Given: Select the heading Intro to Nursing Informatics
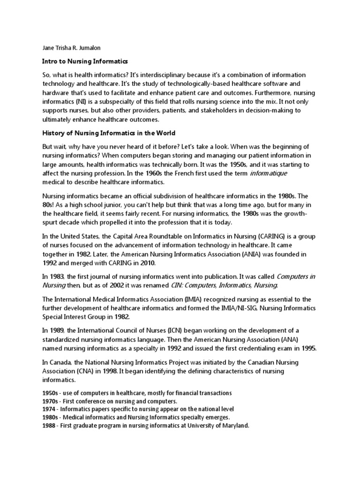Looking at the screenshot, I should click(85, 61).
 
